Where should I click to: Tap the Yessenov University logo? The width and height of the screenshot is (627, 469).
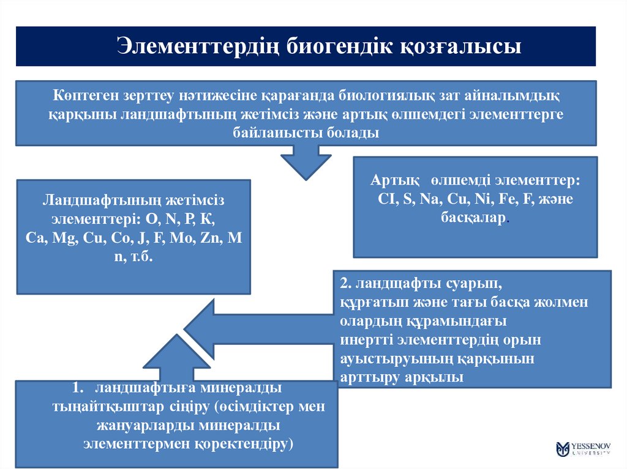[x=582, y=448]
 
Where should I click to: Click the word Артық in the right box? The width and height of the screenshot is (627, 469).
[x=395, y=182]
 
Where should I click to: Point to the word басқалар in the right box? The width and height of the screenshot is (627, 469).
[x=473, y=217]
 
